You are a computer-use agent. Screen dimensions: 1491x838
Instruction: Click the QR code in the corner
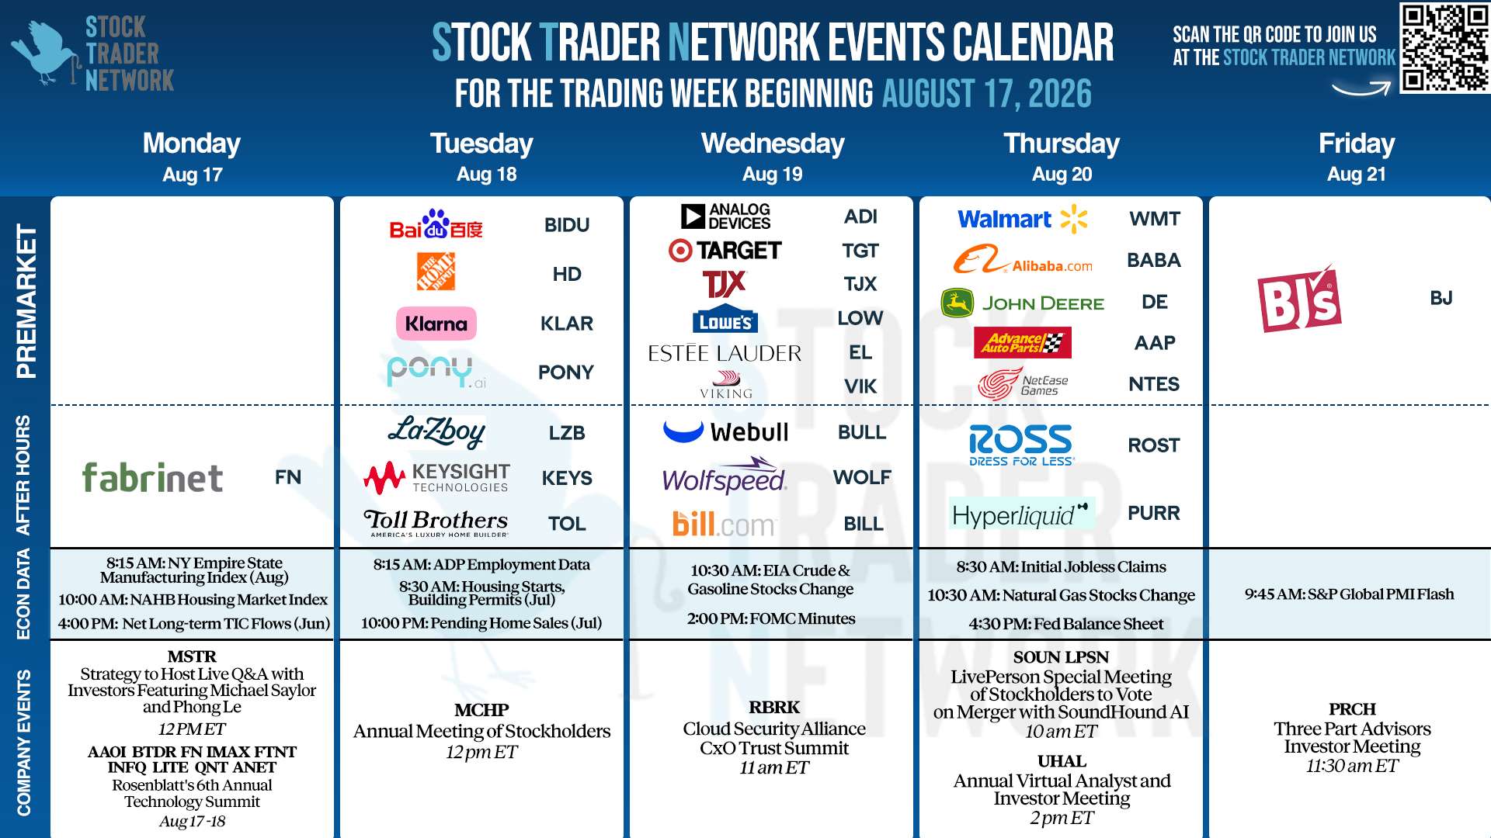pyautogui.click(x=1444, y=47)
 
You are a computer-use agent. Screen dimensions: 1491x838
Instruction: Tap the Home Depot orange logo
pyautogui.click(x=436, y=272)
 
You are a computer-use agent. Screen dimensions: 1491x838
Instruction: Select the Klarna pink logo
pyautogui.click(x=436, y=324)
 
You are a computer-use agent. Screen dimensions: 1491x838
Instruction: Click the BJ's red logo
pyautogui.click(x=1299, y=299)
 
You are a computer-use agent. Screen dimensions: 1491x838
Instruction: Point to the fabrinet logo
pyautogui.click(x=152, y=477)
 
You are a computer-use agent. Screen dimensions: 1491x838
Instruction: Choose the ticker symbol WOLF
pyautogui.click(x=862, y=477)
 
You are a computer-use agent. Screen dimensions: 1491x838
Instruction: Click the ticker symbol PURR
pyautogui.click(x=1154, y=513)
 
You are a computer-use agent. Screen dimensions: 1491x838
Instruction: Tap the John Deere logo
pyautogui.click(x=1022, y=303)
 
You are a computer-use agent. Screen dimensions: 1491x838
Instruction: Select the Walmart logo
pyautogui.click(x=1023, y=219)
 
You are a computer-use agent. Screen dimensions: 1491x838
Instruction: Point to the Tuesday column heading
pyautogui.click(x=481, y=144)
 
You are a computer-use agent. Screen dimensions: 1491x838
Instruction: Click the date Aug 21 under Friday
pyautogui.click(x=1356, y=175)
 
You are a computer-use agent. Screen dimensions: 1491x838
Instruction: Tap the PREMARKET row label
pyautogui.click(x=26, y=301)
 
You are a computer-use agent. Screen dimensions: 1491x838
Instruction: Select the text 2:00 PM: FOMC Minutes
pyautogui.click(x=771, y=618)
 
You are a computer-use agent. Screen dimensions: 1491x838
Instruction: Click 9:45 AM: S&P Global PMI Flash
pyautogui.click(x=1349, y=594)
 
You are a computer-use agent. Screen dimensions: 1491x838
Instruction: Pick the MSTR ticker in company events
pyautogui.click(x=192, y=656)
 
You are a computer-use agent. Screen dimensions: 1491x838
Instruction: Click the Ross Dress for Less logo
pyautogui.click(x=1021, y=445)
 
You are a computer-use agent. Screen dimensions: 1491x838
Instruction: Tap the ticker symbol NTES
pyautogui.click(x=1154, y=384)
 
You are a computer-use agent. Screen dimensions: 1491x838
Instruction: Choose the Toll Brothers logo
pyautogui.click(x=436, y=523)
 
